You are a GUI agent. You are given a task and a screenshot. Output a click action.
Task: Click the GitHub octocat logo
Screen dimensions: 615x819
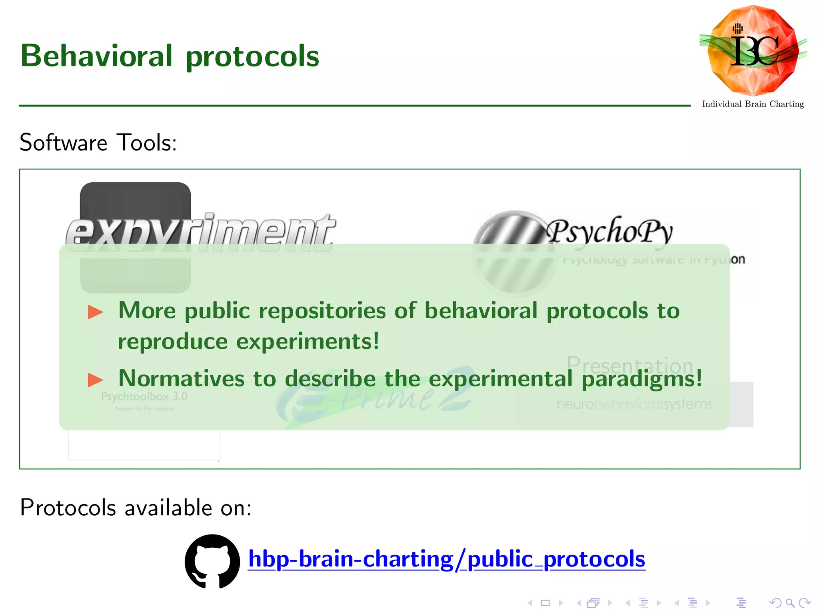(212, 561)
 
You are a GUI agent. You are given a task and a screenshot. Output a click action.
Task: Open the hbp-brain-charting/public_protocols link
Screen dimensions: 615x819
(446, 559)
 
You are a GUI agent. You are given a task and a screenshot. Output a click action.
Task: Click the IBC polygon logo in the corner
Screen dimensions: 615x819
(753, 50)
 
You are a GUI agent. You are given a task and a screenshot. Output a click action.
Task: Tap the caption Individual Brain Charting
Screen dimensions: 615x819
(753, 104)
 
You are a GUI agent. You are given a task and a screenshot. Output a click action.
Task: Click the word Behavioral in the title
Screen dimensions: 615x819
(96, 56)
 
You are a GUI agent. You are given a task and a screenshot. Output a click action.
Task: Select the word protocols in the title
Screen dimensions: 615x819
(252, 56)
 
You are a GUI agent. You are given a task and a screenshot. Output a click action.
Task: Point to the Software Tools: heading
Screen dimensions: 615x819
(98, 143)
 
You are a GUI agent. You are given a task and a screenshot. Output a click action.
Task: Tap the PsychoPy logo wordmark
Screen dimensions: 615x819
(610, 231)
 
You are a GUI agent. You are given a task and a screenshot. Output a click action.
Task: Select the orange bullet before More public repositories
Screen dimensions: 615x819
(96, 312)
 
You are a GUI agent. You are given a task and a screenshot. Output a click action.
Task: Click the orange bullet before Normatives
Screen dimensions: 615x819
(96, 380)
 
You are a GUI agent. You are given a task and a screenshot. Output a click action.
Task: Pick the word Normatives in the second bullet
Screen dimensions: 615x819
(181, 378)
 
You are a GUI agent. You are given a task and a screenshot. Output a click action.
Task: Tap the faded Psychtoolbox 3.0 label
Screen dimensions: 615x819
(144, 396)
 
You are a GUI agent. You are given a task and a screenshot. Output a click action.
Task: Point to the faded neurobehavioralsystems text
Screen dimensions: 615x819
(634, 404)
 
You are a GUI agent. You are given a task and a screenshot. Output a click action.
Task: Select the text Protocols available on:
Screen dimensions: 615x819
(136, 508)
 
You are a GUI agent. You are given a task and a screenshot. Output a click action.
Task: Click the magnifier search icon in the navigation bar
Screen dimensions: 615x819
(790, 603)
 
